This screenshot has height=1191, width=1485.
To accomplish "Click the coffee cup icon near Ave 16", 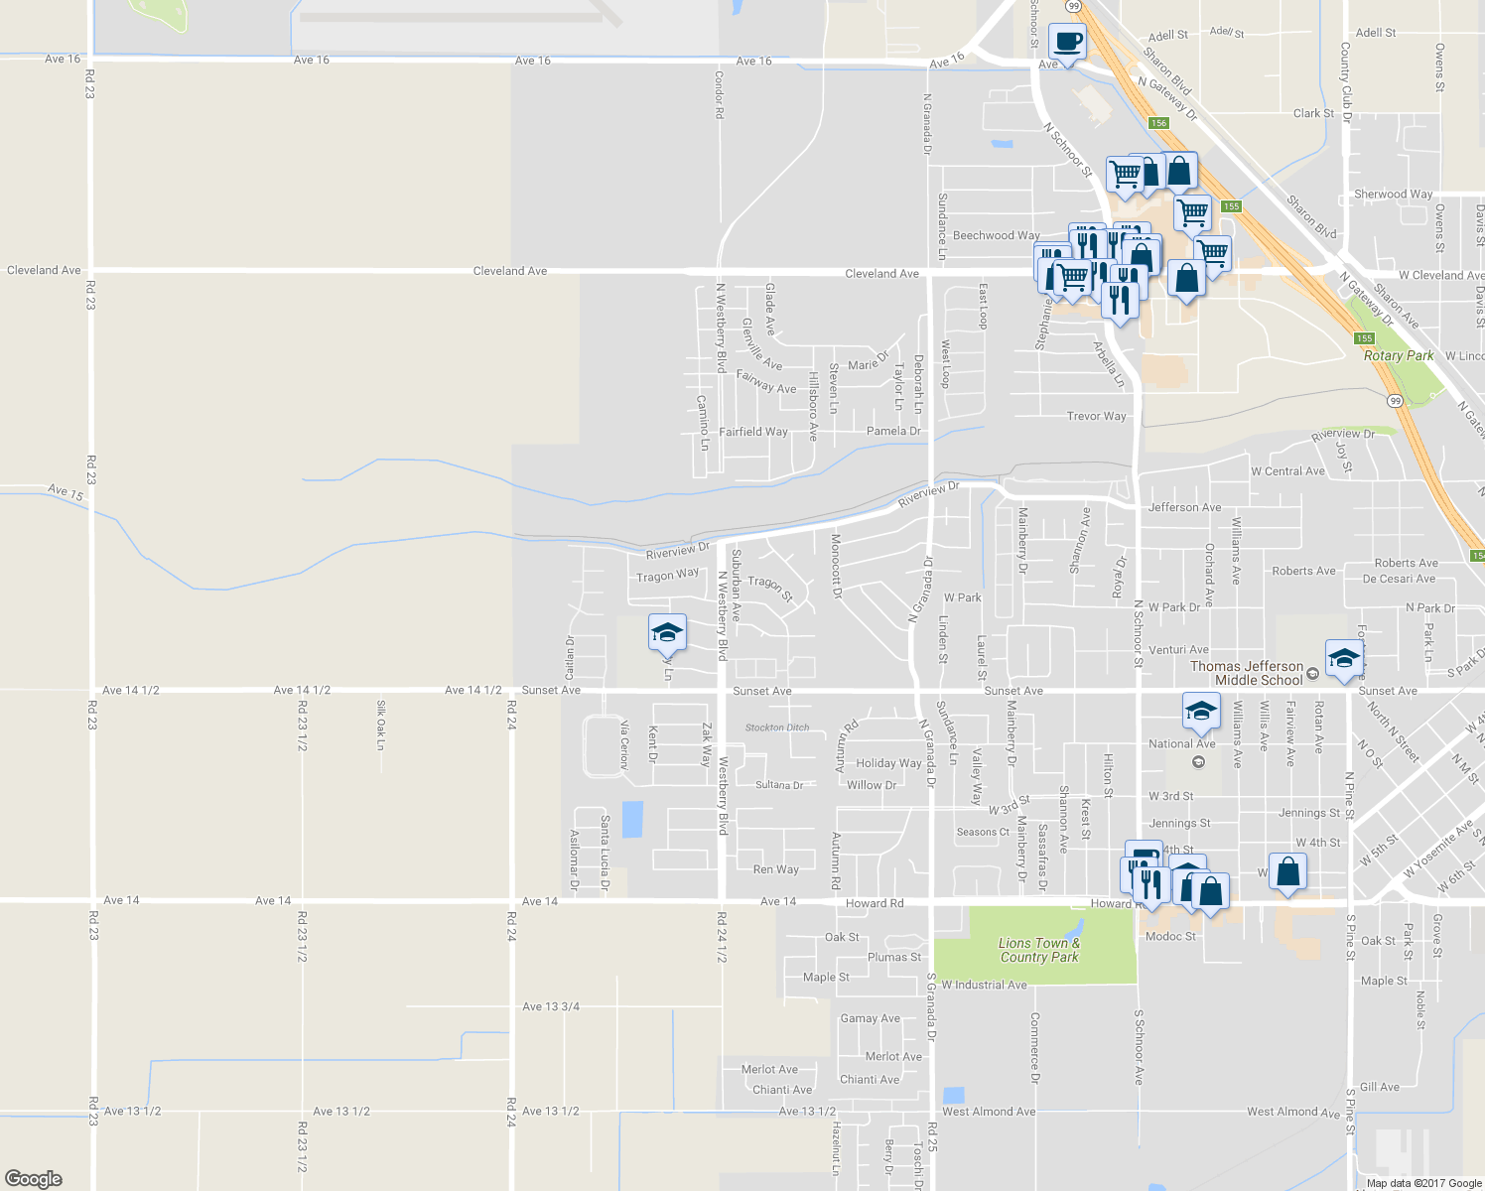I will (x=1066, y=43).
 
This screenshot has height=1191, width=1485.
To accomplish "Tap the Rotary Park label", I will (x=1399, y=355).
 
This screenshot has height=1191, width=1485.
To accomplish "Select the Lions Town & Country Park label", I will (x=1038, y=950).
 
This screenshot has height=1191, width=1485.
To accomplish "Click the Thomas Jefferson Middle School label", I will (x=1246, y=673).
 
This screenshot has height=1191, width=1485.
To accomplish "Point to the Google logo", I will (x=34, y=1178).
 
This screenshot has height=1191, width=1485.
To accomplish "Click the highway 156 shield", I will (x=1158, y=123).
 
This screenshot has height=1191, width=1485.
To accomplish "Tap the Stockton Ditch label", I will (x=777, y=728).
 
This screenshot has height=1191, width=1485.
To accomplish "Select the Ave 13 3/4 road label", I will (x=550, y=1006).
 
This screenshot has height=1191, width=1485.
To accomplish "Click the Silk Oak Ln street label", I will (x=380, y=725).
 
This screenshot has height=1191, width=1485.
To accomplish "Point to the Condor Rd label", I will (x=720, y=94).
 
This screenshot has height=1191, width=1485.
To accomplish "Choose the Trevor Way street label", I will (x=1096, y=416).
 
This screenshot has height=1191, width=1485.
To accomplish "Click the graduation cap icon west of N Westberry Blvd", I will (x=667, y=632).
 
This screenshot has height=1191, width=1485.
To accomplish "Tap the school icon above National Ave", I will (x=1199, y=711).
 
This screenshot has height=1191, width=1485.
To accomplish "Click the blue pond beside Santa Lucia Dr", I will (x=631, y=819).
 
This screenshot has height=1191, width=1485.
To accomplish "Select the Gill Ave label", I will (x=1380, y=1087).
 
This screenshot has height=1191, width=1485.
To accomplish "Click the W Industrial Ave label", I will (x=984, y=985).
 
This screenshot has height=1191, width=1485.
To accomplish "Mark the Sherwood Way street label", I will (x=1393, y=194).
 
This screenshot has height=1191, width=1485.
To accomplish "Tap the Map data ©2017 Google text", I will (x=1423, y=1182).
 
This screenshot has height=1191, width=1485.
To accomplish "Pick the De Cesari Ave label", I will (x=1399, y=579).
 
